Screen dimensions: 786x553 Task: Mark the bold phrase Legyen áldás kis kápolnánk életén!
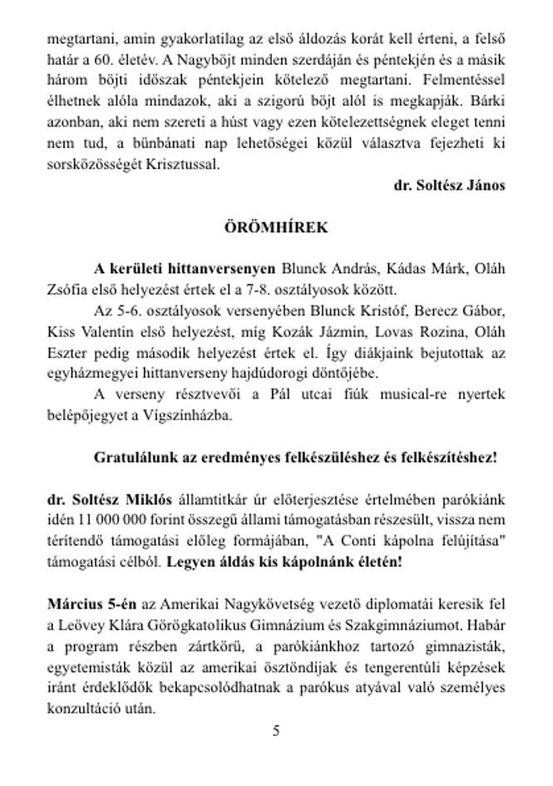[284, 562]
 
